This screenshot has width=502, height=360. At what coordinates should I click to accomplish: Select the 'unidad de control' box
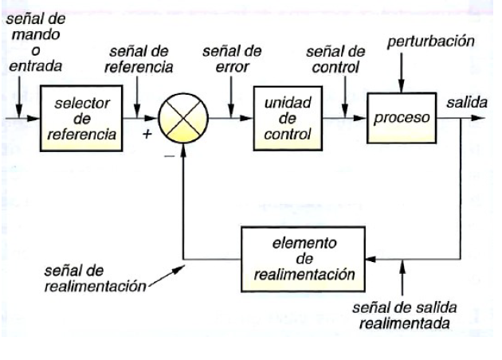(284, 119)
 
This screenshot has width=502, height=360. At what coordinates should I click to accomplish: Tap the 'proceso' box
(402, 118)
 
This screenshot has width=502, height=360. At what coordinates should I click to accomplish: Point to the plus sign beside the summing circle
(147, 134)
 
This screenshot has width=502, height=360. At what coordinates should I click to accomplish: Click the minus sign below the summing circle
(169, 157)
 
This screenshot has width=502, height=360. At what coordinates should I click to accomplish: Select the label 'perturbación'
(431, 41)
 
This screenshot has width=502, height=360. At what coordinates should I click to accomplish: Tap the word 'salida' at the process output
(463, 104)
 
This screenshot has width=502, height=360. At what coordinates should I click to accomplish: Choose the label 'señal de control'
(335, 58)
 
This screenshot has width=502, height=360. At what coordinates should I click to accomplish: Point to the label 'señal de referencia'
(139, 58)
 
